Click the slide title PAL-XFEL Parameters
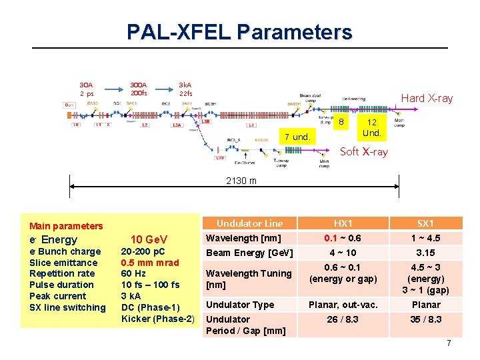pyautogui.click(x=239, y=31)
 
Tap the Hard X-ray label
pyautogui.click(x=426, y=98)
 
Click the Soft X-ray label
pyautogui.click(x=363, y=151)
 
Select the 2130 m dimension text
pyautogui.click(x=241, y=181)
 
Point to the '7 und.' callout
pyautogui.click(x=297, y=137)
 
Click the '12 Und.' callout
pyautogui.click(x=371, y=127)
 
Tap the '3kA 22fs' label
pyautogui.click(x=185, y=89)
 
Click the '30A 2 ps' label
pyautogui.click(x=87, y=89)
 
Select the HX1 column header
pyautogui.click(x=343, y=223)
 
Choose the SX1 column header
pyautogui.click(x=425, y=223)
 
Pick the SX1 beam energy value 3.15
pyautogui.click(x=425, y=253)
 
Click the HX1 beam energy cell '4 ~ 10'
pyautogui.click(x=343, y=253)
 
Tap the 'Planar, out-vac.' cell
pyautogui.click(x=343, y=305)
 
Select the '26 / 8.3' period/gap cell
pyautogui.click(x=343, y=319)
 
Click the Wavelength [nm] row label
pyautogui.click(x=243, y=238)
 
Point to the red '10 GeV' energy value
pyautogui.click(x=149, y=239)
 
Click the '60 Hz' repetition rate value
pyautogui.click(x=133, y=273)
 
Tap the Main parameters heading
pyautogui.click(x=66, y=226)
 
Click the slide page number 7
pyautogui.click(x=449, y=343)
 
